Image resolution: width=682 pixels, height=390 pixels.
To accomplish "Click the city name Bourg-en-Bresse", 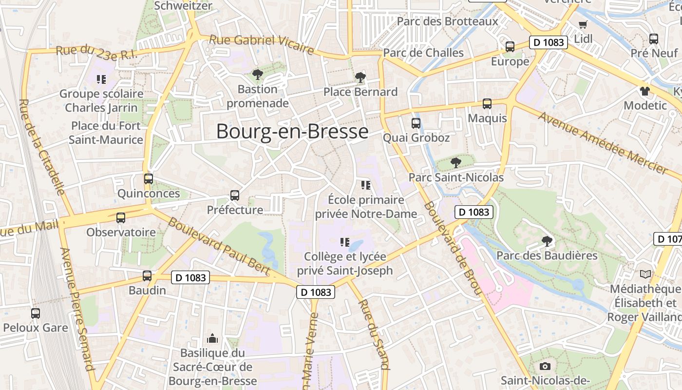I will point(292,132).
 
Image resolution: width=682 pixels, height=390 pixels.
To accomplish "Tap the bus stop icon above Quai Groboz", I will point(416,123).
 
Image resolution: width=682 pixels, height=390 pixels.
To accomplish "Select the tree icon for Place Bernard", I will point(360,77).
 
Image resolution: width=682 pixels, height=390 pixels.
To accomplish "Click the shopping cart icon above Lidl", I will point(583,24).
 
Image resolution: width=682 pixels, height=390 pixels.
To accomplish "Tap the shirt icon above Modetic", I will point(645,91).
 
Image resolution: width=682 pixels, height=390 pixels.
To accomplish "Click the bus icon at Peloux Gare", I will point(36,313).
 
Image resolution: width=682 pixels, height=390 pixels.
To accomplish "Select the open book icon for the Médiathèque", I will point(645,274).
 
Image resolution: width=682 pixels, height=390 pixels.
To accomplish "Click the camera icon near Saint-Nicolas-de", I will point(545,366).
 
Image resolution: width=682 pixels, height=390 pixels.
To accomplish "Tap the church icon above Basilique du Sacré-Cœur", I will point(212,338).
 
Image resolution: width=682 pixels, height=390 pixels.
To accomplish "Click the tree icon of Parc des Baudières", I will point(547,241).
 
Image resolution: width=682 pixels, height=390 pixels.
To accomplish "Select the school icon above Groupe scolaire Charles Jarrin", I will point(101,79).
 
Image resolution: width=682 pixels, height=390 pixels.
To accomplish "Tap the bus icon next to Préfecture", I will point(235,195).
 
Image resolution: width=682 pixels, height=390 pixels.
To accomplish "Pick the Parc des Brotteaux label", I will point(447,21).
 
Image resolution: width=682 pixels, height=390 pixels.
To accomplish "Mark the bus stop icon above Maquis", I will point(487,103).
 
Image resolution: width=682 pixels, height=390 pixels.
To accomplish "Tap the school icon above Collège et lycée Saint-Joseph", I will point(345,242).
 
